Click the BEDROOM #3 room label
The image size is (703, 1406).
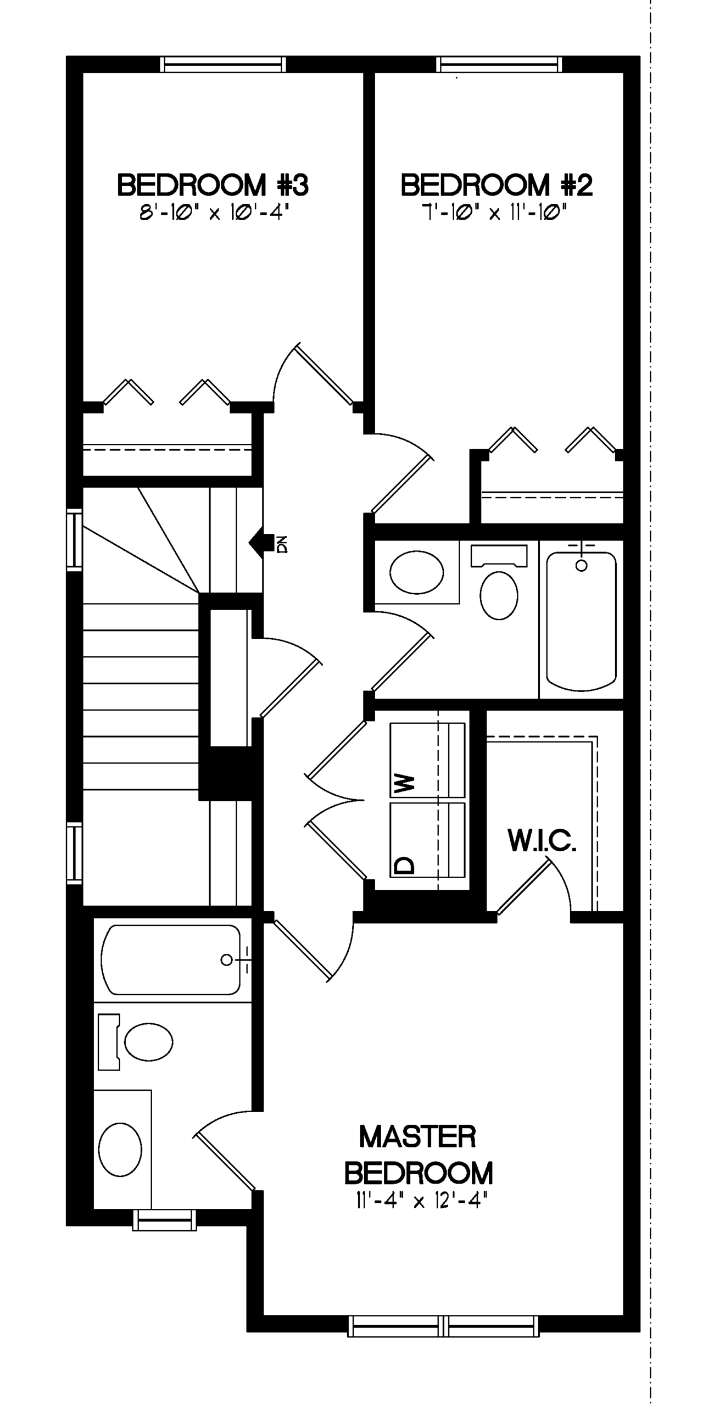pos(213,185)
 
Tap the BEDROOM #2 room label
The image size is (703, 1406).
pos(496,185)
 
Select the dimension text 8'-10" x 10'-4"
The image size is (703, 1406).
pos(214,213)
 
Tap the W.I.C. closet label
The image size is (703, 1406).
pos(542,840)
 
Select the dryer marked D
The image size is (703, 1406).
pos(427,840)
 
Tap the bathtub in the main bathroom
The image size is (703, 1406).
pos(582,621)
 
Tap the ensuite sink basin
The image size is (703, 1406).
pos(120,1150)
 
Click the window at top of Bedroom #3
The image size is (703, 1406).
pos(223,64)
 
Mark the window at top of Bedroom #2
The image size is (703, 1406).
pos(499,64)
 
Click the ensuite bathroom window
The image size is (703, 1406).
pos(165,1220)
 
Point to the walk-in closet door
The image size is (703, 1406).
pos(525,887)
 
